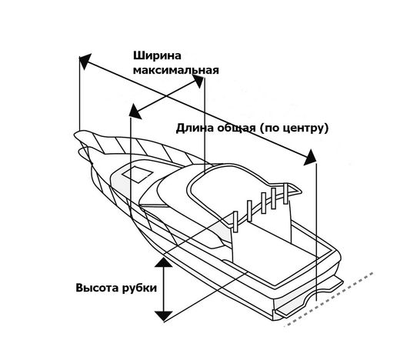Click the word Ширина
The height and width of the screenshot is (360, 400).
pos(157,55)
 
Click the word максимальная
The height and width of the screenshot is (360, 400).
pos(176,70)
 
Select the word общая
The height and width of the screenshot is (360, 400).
pos(236,128)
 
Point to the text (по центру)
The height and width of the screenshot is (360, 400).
pos(294,128)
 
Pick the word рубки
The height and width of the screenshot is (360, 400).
pos(139,288)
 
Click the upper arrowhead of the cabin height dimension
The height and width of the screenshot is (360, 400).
pos(164,262)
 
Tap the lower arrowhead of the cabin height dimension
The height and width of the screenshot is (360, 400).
pos(164,316)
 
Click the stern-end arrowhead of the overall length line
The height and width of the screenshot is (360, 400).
pos(311,158)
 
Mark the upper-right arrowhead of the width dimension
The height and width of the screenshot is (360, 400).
pos(198,81)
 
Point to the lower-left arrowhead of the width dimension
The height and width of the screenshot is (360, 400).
pos(135,112)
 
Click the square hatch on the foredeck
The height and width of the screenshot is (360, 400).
pos(136,174)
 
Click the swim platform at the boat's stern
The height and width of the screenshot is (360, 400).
pos(309,298)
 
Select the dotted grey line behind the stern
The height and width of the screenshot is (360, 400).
pos(329,299)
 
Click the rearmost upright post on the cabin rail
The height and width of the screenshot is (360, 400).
pos(286,194)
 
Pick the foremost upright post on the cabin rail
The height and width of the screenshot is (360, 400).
pos(235,222)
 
